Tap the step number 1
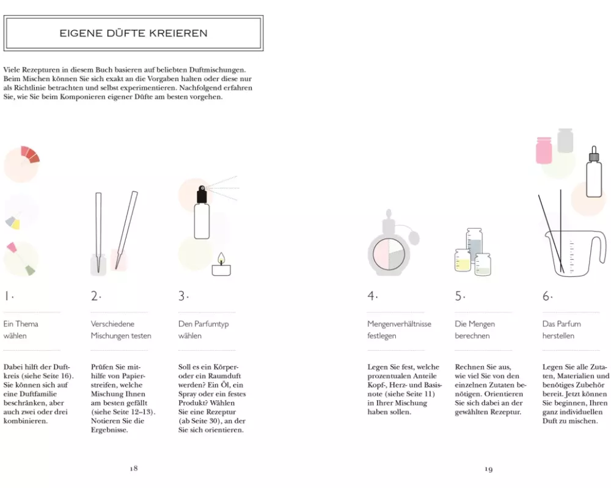point(7,296)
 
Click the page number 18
point(134,468)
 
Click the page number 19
point(489,469)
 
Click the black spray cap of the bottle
point(202,194)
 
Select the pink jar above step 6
point(544,150)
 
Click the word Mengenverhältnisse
point(399,324)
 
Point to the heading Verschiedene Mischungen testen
point(121,329)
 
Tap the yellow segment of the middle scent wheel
point(16,224)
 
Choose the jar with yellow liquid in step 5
point(463,260)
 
